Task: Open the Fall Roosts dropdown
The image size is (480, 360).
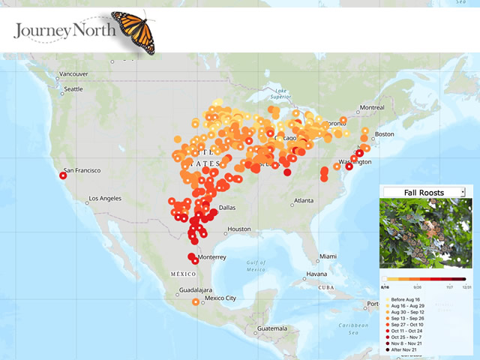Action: click(424, 193)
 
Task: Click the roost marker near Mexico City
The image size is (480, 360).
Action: click(196, 302)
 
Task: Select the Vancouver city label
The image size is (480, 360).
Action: click(73, 74)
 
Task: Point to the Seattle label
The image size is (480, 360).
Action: click(73, 88)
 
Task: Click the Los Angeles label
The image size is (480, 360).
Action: click(109, 199)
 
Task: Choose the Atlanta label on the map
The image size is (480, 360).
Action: click(303, 201)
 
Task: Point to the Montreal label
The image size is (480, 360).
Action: click(372, 108)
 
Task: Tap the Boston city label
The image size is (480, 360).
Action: click(384, 134)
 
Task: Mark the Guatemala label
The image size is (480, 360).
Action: click(271, 328)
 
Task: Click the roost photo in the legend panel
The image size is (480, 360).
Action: click(424, 232)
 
